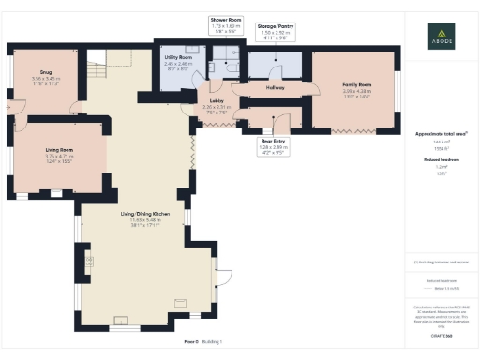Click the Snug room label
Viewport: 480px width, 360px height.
tap(44, 79)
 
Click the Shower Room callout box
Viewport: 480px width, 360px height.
tap(227, 24)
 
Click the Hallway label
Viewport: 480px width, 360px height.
tap(275, 87)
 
